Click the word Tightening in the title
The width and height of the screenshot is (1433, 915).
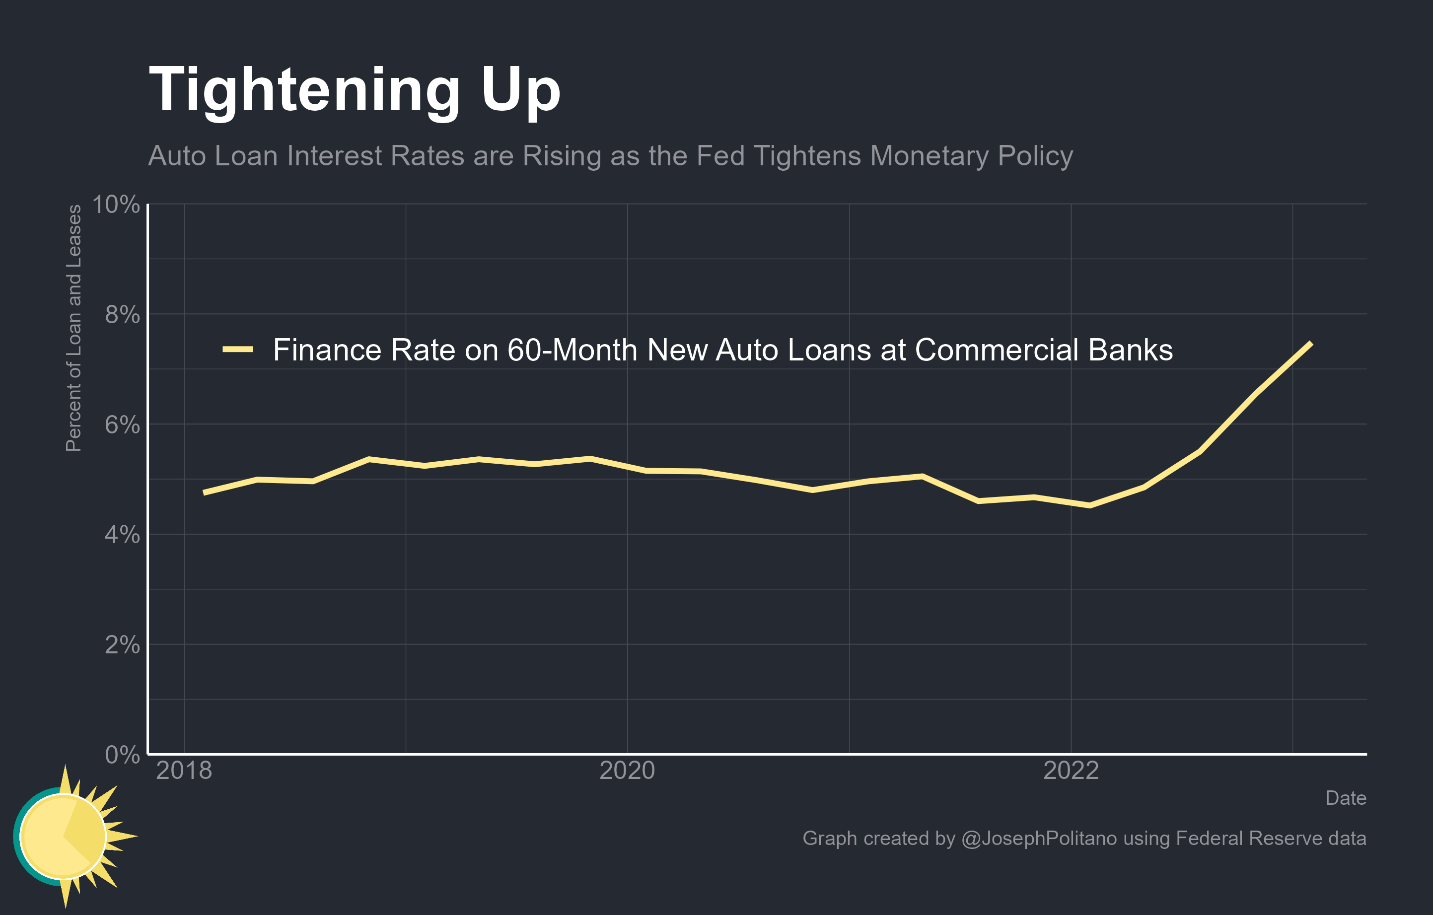point(304,90)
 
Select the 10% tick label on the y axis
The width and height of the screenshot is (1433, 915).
point(116,205)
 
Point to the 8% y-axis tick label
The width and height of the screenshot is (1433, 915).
point(122,315)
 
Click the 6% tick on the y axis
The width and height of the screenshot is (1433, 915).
point(122,425)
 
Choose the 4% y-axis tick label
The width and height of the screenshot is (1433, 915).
point(122,535)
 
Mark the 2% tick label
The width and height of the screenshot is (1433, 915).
point(122,645)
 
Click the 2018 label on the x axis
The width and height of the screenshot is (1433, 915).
point(184,771)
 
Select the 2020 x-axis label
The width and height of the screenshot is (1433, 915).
point(627,771)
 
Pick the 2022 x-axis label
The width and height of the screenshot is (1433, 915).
point(1071,771)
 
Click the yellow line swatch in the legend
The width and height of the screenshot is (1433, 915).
point(238,350)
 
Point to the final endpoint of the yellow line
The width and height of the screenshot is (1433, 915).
point(1311,343)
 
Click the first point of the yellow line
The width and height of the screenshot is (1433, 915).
point(204,493)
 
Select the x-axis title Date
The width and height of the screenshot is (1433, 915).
point(1345,798)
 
